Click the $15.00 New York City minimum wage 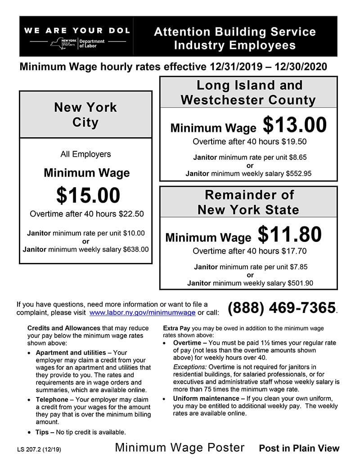pyautogui.click(x=88, y=195)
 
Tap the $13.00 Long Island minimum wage pyautogui.click(x=295, y=126)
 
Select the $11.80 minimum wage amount pyautogui.click(x=290, y=235)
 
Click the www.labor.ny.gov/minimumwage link pyautogui.click(x=143, y=312)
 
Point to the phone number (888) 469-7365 pyautogui.click(x=282, y=308)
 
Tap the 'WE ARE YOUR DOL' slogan pyautogui.click(x=77, y=31)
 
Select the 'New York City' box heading pyautogui.click(x=85, y=114)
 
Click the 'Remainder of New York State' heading pyautogui.click(x=248, y=202)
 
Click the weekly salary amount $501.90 pyautogui.click(x=300, y=283)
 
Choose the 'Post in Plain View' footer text pyautogui.click(x=299, y=448)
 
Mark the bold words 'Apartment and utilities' pyautogui.click(x=71, y=353)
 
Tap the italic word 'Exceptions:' pyautogui.click(x=189, y=367)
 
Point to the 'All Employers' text pyautogui.click(x=85, y=154)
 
